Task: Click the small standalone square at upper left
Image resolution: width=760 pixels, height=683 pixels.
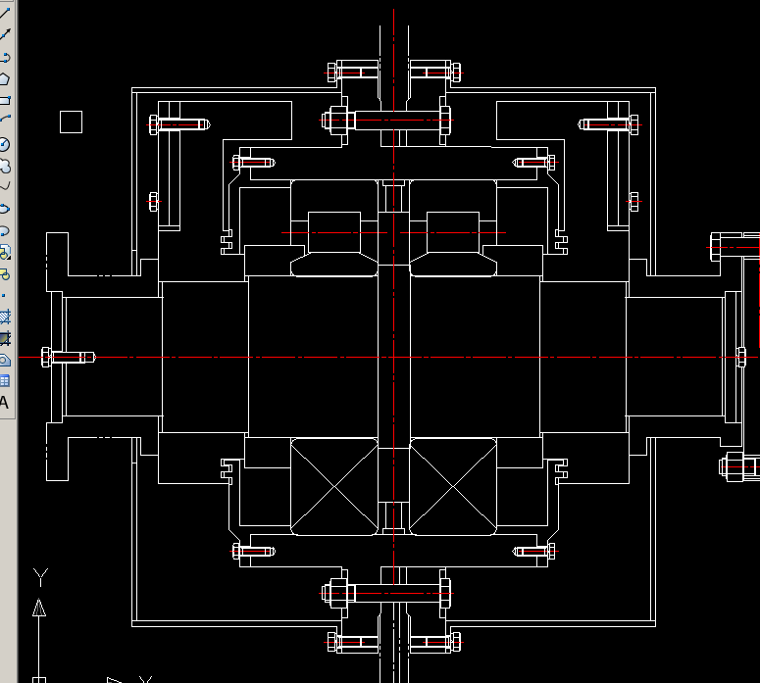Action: click(x=71, y=122)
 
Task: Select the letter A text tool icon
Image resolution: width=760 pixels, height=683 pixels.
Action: click(x=4, y=402)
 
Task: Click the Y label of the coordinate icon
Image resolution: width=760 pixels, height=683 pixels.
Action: click(x=39, y=575)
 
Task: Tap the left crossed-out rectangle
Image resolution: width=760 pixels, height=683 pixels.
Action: click(x=333, y=486)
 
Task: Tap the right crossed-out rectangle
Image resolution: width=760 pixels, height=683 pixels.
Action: click(x=453, y=486)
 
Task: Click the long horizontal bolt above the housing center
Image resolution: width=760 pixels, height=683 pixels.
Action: click(x=388, y=121)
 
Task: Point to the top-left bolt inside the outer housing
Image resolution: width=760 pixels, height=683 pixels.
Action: click(x=179, y=124)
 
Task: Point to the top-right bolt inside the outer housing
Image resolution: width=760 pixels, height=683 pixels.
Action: click(x=604, y=124)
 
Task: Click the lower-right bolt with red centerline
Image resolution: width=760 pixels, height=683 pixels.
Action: click(x=534, y=551)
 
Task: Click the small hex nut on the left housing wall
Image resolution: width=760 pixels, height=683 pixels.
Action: click(x=153, y=202)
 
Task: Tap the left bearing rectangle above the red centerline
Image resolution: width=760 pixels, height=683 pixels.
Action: click(x=333, y=231)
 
